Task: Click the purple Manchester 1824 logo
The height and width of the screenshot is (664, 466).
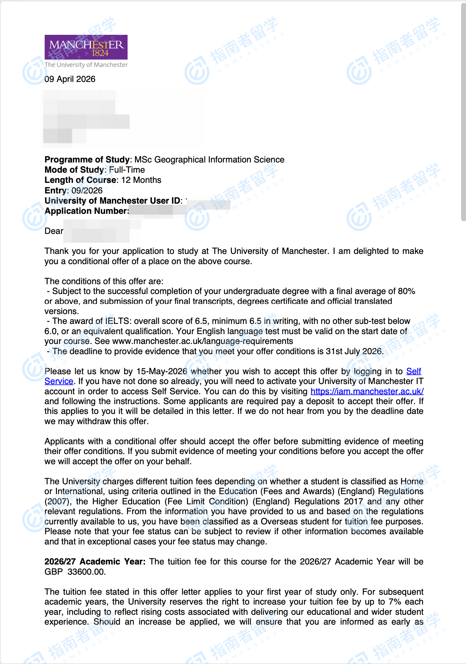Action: click(x=86, y=47)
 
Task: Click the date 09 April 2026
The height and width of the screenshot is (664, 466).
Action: click(x=70, y=79)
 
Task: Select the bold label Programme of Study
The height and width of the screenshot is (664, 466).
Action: click(x=87, y=160)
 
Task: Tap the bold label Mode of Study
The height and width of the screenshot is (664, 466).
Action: click(x=74, y=170)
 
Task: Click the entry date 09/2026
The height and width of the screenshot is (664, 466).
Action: click(x=87, y=191)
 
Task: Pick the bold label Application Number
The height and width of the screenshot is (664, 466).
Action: click(x=86, y=211)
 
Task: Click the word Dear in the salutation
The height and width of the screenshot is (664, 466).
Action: click(x=54, y=231)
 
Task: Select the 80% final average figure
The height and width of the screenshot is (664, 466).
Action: click(x=406, y=291)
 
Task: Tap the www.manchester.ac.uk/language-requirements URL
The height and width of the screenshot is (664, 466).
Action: click(x=202, y=341)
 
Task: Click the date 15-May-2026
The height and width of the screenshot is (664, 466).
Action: click(x=162, y=371)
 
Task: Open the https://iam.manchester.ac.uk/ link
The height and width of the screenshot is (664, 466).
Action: click(x=367, y=391)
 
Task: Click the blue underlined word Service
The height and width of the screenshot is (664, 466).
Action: click(x=59, y=381)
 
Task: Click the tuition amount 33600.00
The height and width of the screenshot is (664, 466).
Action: click(x=86, y=572)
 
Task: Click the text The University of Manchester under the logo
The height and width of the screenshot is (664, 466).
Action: click(x=86, y=65)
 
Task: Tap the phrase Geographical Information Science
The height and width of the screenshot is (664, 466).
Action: click(x=219, y=160)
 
